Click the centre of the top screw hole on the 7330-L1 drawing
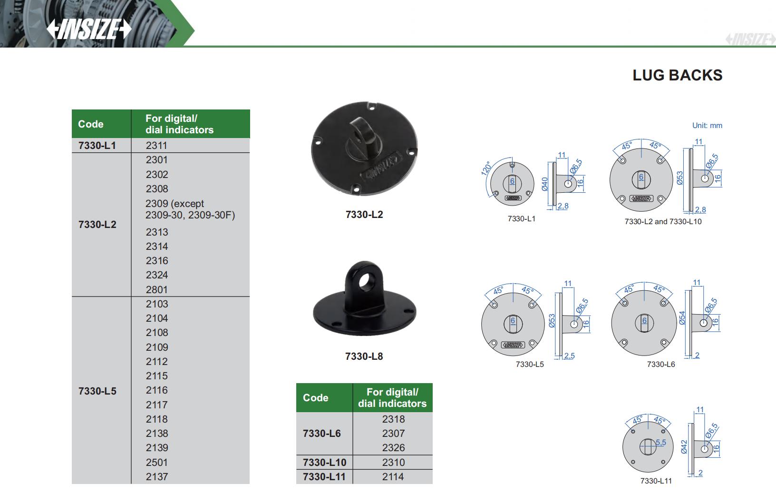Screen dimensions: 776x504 (512, 165)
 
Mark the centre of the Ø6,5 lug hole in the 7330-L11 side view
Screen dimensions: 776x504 (704, 449)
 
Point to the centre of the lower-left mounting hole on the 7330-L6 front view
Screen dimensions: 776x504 (624, 343)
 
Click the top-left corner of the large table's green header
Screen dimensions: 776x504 (72, 110)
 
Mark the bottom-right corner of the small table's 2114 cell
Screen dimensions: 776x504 (432, 484)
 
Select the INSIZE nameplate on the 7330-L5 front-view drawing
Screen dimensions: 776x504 (513, 345)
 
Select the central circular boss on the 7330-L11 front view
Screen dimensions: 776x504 (648, 447)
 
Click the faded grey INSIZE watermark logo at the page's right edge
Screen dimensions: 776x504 (750, 40)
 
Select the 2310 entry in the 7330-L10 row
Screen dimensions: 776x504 (394, 463)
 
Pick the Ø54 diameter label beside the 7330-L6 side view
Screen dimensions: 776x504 (682, 318)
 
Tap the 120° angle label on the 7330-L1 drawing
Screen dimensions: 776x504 (486, 168)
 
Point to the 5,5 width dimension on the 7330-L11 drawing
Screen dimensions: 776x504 (660, 443)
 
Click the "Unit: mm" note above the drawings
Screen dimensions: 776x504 (707, 126)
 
